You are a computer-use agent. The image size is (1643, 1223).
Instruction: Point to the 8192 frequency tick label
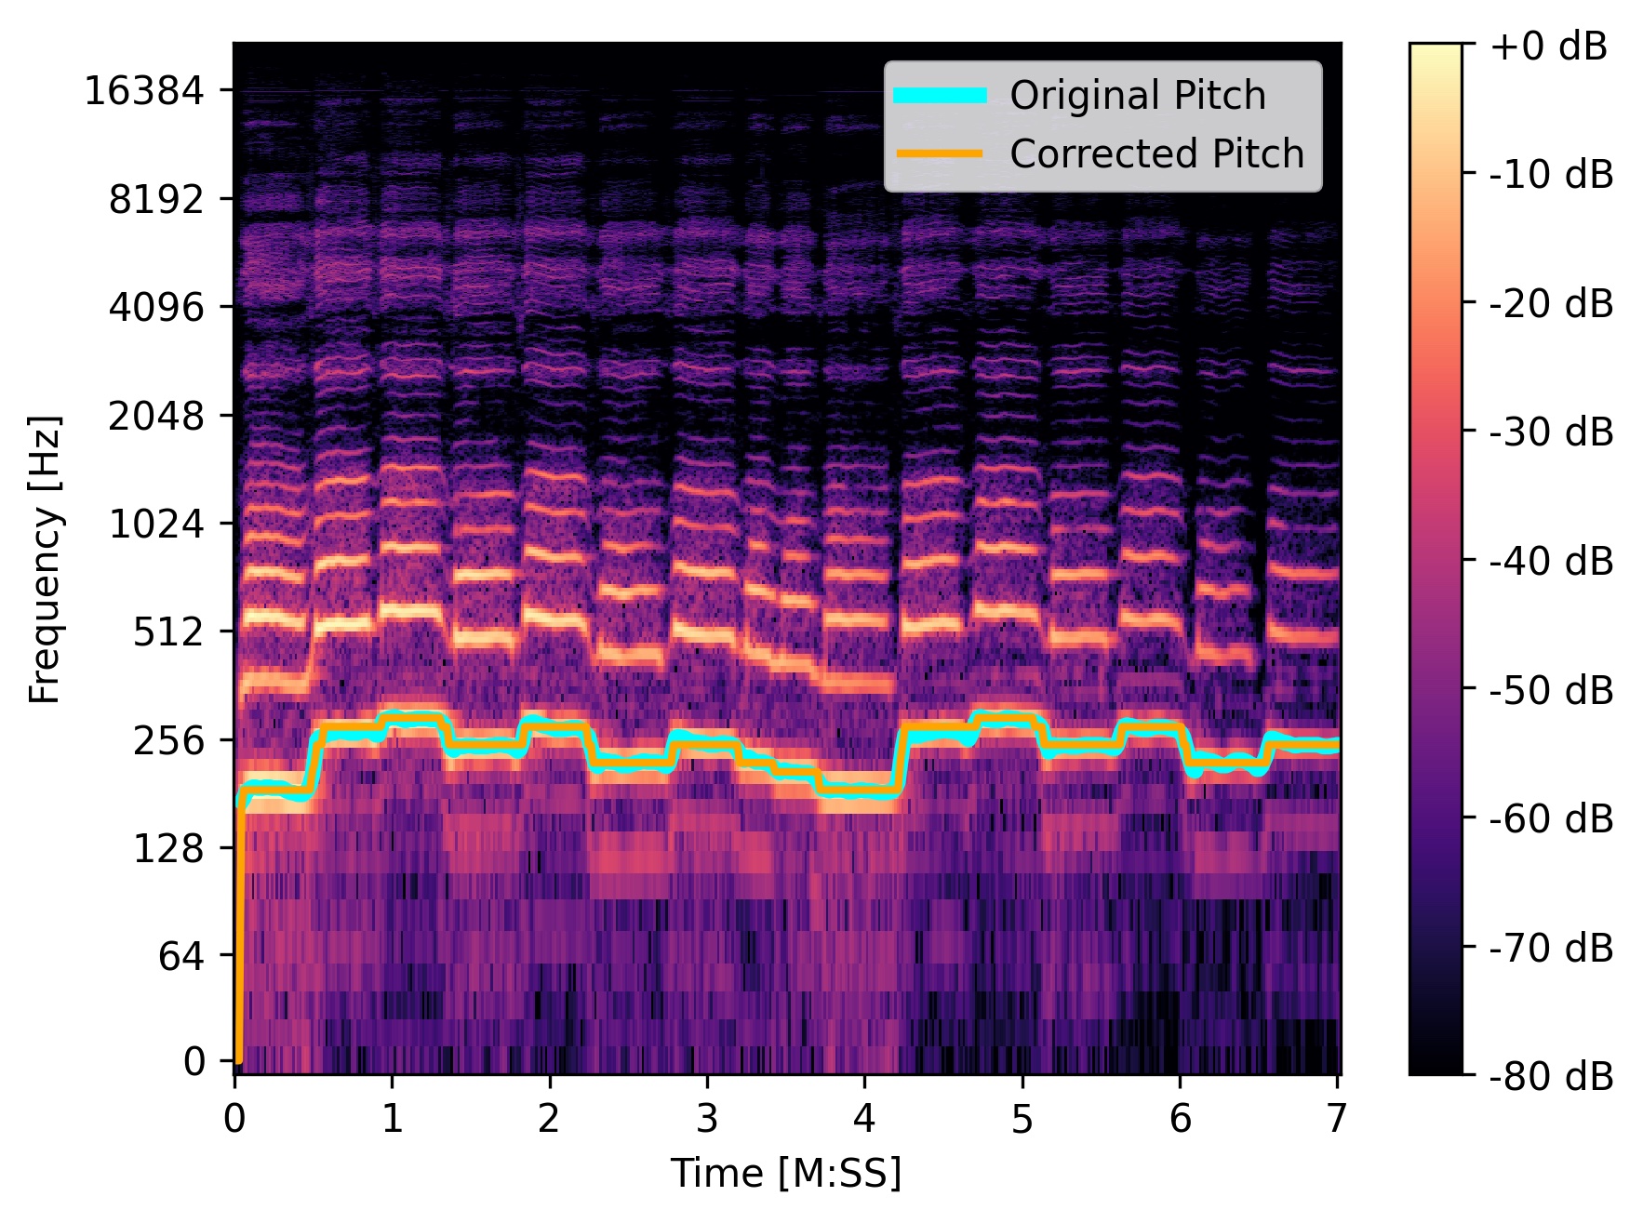(155, 199)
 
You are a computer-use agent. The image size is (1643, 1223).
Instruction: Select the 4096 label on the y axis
(155, 307)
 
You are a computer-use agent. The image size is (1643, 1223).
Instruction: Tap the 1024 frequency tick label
(155, 525)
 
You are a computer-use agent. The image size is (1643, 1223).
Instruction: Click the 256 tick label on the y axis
(167, 741)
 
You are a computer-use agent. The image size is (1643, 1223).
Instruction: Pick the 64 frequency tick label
(180, 956)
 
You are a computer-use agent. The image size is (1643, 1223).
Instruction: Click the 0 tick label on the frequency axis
(194, 1061)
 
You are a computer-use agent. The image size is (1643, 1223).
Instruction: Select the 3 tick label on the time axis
(707, 1119)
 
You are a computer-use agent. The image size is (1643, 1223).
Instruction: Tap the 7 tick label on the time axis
(1336, 1119)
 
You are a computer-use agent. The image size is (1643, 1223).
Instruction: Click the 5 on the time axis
(1022, 1119)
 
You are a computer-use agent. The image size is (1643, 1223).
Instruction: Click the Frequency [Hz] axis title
(45, 559)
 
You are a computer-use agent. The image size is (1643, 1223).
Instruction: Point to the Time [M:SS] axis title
(786, 1174)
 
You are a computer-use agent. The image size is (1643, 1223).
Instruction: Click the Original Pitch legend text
(1137, 96)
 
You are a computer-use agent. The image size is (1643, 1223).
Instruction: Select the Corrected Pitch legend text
(1156, 154)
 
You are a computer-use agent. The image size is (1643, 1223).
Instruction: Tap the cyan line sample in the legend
(940, 96)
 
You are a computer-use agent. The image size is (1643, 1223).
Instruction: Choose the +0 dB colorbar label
(1549, 46)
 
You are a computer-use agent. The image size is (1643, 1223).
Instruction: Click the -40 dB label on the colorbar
(1552, 561)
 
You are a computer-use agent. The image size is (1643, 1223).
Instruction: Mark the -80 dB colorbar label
(1552, 1076)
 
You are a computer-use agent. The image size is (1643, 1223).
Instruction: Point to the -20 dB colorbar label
(1552, 303)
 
